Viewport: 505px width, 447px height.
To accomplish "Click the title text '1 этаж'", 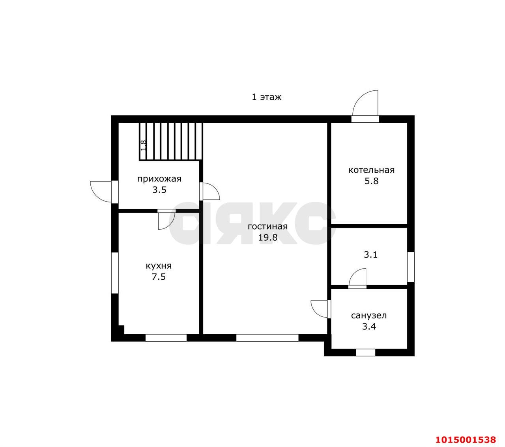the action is [266, 97].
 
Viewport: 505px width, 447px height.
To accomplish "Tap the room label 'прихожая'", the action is [159, 179].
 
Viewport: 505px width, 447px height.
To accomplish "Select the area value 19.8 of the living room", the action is [267, 238].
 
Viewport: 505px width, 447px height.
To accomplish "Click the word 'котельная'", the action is [371, 170].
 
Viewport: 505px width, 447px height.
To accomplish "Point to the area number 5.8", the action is [371, 181].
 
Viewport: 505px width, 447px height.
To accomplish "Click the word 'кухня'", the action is [159, 266].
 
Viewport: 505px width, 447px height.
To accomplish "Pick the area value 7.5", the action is [159, 277].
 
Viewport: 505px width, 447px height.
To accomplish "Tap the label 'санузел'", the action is [369, 315].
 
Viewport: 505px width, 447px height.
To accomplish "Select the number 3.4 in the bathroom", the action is [369, 326].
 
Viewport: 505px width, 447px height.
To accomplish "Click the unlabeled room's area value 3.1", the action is [370, 254].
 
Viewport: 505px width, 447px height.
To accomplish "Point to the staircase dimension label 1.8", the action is [143, 145].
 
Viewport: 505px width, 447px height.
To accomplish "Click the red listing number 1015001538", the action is [466, 426].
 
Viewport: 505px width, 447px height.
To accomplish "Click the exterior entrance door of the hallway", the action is [101, 192].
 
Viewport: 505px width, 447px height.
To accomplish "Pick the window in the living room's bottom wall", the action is [267, 338].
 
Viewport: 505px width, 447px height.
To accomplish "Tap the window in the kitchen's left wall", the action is [115, 273].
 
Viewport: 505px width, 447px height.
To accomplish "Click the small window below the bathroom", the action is [365, 353].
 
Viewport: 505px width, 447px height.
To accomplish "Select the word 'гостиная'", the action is [267, 226].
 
